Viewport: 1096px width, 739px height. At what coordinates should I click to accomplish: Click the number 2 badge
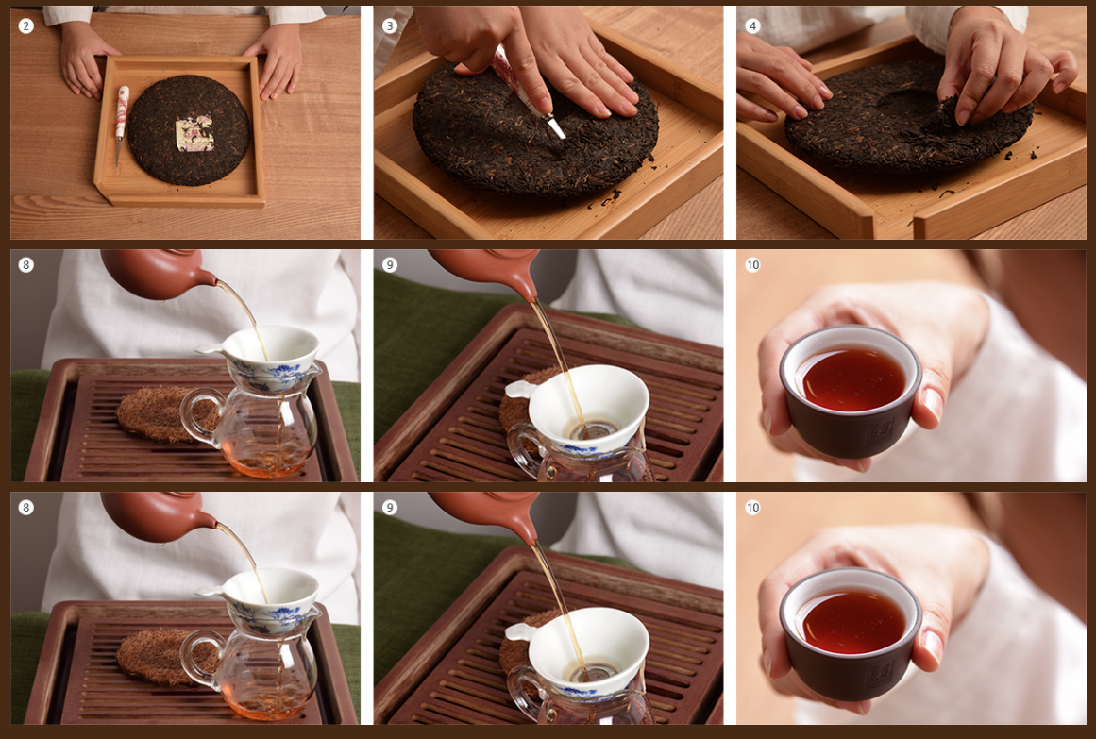click(x=25, y=26)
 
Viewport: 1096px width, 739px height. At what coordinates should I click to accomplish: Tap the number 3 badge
click(x=389, y=26)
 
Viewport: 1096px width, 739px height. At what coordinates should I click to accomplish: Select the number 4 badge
click(x=752, y=26)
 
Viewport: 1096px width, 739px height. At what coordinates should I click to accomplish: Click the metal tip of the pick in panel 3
click(x=556, y=127)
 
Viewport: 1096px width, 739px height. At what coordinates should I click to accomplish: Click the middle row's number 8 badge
click(x=25, y=265)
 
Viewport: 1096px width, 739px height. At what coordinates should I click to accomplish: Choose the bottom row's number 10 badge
click(x=752, y=508)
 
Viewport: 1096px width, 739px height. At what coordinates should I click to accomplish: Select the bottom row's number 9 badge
click(x=389, y=508)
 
